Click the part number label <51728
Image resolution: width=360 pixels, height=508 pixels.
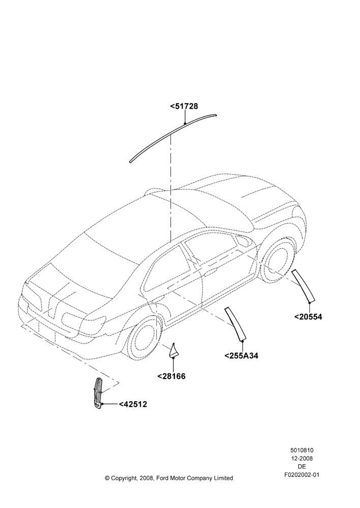pos(184,106)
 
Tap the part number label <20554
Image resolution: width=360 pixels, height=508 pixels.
pos(308,316)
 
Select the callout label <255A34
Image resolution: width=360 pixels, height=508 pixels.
pos(242,356)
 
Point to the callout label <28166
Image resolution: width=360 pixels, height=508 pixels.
pos(171,376)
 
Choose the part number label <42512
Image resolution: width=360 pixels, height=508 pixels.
pos(133,404)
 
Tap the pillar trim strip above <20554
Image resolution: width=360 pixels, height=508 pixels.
pos(304,284)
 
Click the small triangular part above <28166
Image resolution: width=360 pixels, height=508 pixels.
pos(173,352)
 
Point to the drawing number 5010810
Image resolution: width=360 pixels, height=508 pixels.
pos(302,450)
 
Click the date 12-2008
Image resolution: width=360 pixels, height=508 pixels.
pos(302,458)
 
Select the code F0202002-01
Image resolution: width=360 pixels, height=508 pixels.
pos(302,474)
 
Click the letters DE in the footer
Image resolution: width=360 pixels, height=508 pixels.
pos(302,466)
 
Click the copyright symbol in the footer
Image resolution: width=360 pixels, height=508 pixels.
pos(107,478)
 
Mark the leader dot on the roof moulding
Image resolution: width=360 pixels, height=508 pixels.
pos(185,123)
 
